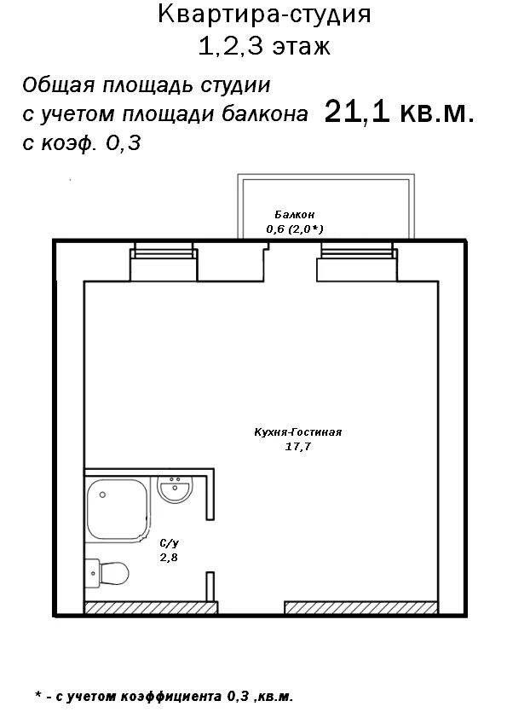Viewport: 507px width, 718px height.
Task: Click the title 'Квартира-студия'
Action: tap(264, 14)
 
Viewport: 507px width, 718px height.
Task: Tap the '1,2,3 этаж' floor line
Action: tap(264, 46)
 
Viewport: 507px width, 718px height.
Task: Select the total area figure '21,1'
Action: tap(357, 112)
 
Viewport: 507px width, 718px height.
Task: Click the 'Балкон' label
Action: tap(295, 214)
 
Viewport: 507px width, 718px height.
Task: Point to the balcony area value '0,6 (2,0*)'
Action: tap(295, 229)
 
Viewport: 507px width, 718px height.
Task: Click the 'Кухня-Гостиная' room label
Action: tap(298, 432)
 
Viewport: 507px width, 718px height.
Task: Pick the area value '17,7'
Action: tap(298, 447)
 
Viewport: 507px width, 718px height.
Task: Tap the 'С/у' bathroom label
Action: tap(169, 543)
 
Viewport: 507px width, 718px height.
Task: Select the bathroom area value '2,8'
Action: tap(169, 558)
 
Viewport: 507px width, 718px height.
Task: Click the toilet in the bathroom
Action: tap(107, 573)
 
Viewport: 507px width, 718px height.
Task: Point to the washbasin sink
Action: tap(175, 489)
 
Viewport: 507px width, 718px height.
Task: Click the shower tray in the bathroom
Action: tap(118, 509)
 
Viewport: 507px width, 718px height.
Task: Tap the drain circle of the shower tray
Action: tap(102, 495)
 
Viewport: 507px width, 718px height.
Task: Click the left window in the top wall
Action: tap(164, 251)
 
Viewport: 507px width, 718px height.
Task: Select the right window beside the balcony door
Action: tap(357, 251)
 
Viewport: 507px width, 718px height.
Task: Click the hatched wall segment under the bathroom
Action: tap(151, 608)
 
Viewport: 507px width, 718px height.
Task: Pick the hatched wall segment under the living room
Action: tap(361, 608)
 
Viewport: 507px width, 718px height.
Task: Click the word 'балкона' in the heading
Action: tap(265, 114)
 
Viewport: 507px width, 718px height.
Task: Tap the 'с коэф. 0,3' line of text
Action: tap(82, 144)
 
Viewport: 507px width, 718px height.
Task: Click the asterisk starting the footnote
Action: tap(38, 695)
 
